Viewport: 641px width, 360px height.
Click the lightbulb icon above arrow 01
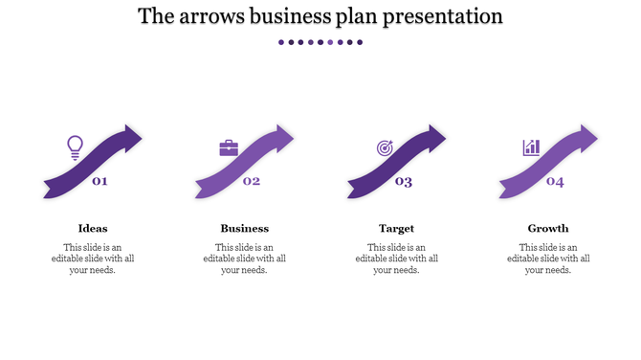(75, 146)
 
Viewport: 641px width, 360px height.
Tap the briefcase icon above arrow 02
(229, 147)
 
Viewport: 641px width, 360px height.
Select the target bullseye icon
(384, 147)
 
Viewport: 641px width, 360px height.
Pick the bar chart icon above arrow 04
(531, 147)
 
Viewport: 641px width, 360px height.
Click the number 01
(99, 181)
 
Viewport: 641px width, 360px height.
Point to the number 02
(252, 181)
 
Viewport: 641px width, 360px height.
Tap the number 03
(404, 182)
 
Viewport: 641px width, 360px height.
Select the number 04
(555, 182)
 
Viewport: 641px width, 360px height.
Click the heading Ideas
(93, 228)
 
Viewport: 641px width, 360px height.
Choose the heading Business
(245, 228)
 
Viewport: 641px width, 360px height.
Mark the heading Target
(396, 228)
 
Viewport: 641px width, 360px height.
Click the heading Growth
(548, 228)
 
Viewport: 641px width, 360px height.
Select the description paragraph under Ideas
(93, 259)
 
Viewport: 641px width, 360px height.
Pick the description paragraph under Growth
(548, 259)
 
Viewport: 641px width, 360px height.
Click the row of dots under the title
(320, 42)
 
